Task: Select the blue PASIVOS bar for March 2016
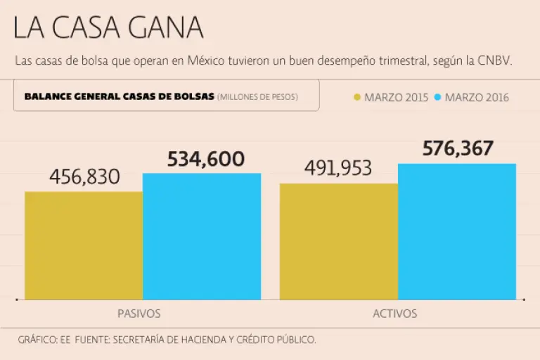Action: point(202,236)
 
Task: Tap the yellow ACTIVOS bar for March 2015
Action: point(339,240)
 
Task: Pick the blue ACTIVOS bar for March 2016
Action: point(457,231)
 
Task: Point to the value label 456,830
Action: point(85,177)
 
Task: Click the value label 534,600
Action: point(206,159)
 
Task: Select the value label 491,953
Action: point(338,169)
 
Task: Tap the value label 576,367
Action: point(458,148)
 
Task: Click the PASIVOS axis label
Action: point(139,314)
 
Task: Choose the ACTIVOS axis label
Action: point(394,314)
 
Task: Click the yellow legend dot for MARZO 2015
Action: point(356,97)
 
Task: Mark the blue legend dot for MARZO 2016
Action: point(437,97)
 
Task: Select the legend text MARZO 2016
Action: point(477,97)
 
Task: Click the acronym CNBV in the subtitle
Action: point(496,60)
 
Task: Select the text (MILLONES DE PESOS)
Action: point(257,96)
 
